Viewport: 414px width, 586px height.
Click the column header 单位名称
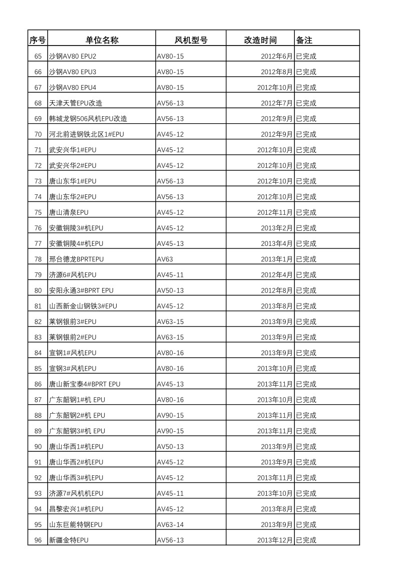[x=102, y=40]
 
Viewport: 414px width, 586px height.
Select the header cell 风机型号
[x=191, y=40]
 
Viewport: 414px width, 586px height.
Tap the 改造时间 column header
[x=260, y=40]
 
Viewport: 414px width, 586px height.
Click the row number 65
[x=38, y=56]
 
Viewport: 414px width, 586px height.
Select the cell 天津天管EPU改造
[x=76, y=103]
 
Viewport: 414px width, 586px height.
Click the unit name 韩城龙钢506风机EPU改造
[x=88, y=119]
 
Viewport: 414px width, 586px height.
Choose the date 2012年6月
[x=276, y=56]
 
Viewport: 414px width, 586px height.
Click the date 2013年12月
[x=275, y=540]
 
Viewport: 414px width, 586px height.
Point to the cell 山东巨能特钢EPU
[x=76, y=524]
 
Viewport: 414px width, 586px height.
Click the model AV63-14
[x=170, y=524]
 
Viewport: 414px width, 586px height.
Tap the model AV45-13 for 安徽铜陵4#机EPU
[x=170, y=243]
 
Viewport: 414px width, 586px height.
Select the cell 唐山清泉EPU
[x=69, y=212]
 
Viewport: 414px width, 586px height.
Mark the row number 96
[x=38, y=540]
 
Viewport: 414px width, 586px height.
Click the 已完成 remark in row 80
[x=306, y=290]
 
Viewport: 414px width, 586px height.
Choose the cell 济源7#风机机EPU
[x=76, y=493]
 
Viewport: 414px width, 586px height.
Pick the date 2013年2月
[x=276, y=228]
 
